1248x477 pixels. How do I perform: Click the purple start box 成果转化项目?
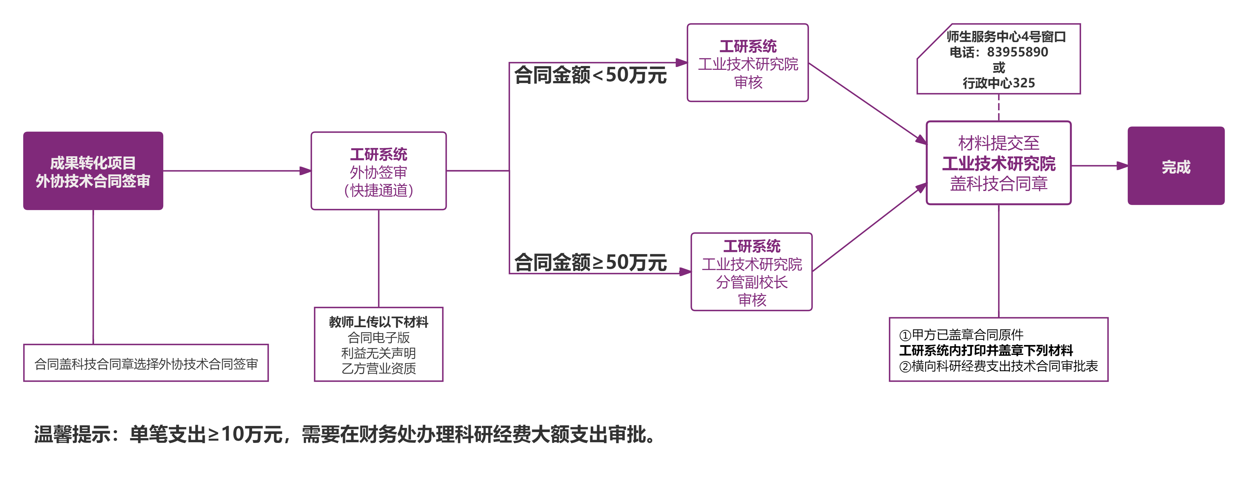pyautogui.click(x=93, y=171)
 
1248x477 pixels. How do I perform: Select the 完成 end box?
pyautogui.click(x=1176, y=165)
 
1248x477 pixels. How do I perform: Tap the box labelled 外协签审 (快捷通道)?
pyautogui.click(x=378, y=171)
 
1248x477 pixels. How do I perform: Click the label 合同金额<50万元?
pyautogui.click(x=590, y=75)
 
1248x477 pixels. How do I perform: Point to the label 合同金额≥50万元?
pyautogui.click(x=590, y=262)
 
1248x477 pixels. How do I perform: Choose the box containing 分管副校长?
pyautogui.click(x=752, y=272)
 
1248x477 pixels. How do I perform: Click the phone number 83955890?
pyautogui.click(x=1017, y=52)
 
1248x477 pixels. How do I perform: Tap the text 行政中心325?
pyautogui.click(x=999, y=83)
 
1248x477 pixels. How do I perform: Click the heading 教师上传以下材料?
pyautogui.click(x=378, y=322)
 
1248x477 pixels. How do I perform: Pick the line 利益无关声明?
pyautogui.click(x=378, y=353)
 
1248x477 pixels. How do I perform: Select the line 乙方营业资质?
pyautogui.click(x=378, y=369)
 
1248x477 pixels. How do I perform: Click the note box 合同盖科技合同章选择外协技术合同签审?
pyautogui.click(x=146, y=363)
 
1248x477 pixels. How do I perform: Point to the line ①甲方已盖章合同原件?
pyautogui.click(x=961, y=334)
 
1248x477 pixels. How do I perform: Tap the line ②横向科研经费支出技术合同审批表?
pyautogui.click(x=999, y=366)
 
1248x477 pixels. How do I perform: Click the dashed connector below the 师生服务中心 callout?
pyautogui.click(x=999, y=107)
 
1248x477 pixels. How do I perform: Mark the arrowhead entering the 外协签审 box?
pyautogui.click(x=305, y=171)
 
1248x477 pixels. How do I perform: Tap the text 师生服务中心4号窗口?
pyautogui.click(x=1006, y=37)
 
